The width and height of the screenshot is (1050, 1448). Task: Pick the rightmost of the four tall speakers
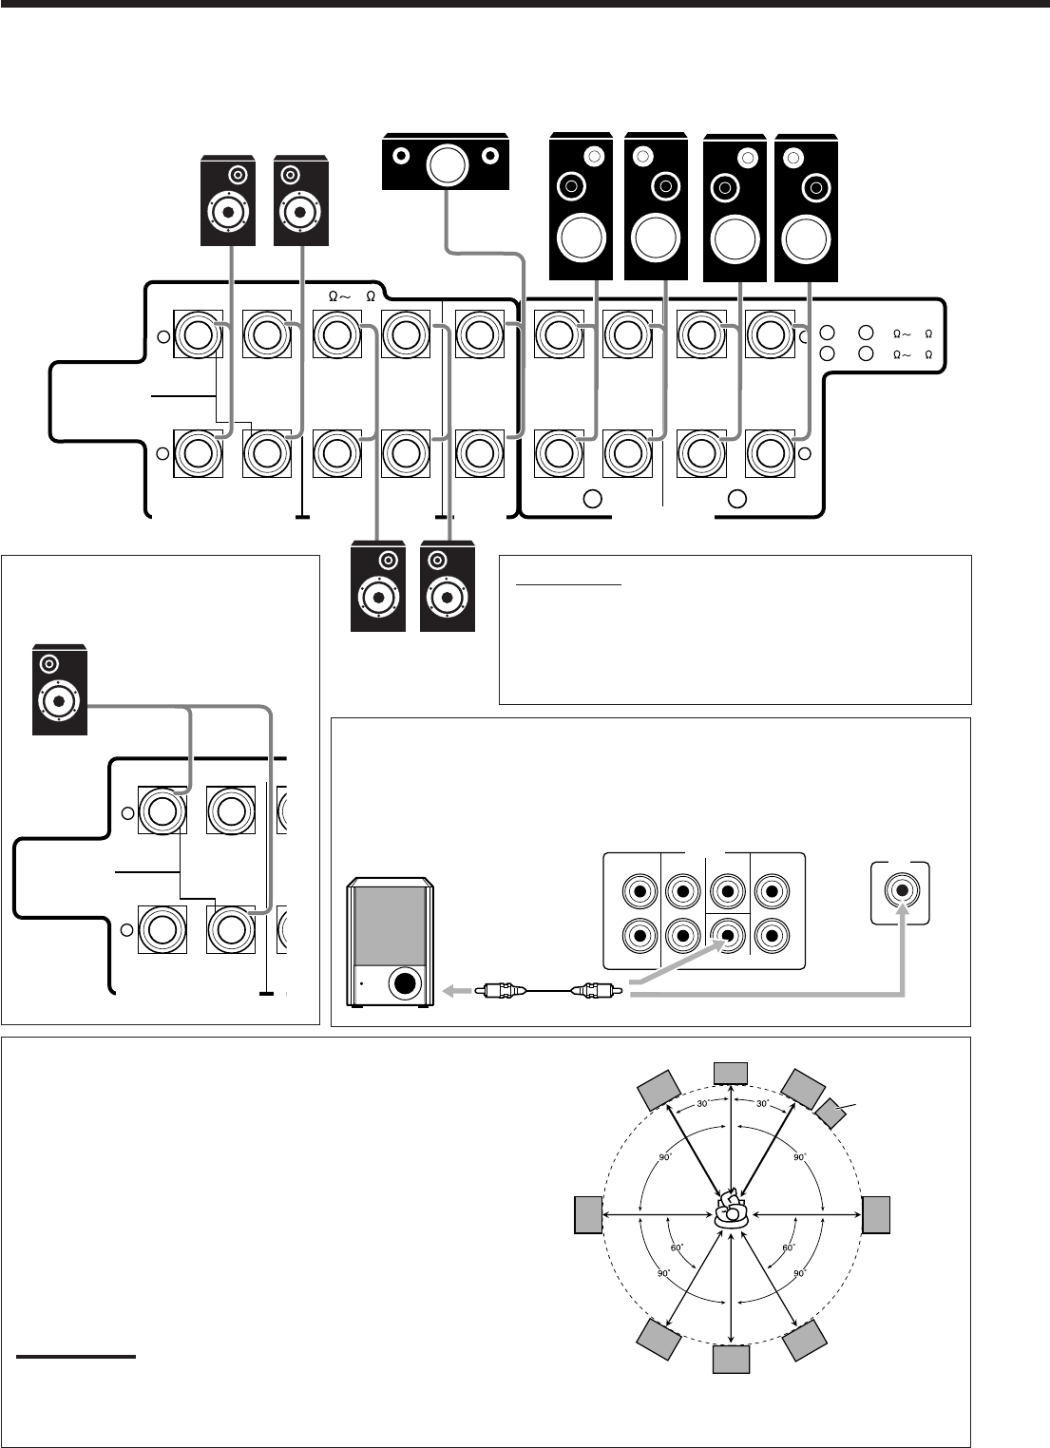tap(808, 208)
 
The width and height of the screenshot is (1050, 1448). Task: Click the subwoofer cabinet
tap(390, 940)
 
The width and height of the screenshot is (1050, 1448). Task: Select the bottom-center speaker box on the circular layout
tap(731, 1361)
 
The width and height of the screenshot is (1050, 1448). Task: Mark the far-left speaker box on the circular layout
tap(588, 1215)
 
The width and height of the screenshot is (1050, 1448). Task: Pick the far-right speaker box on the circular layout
tap(876, 1215)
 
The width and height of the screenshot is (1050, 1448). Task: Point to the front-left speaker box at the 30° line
tap(659, 1090)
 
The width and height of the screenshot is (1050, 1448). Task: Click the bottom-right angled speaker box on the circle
tap(806, 1338)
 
